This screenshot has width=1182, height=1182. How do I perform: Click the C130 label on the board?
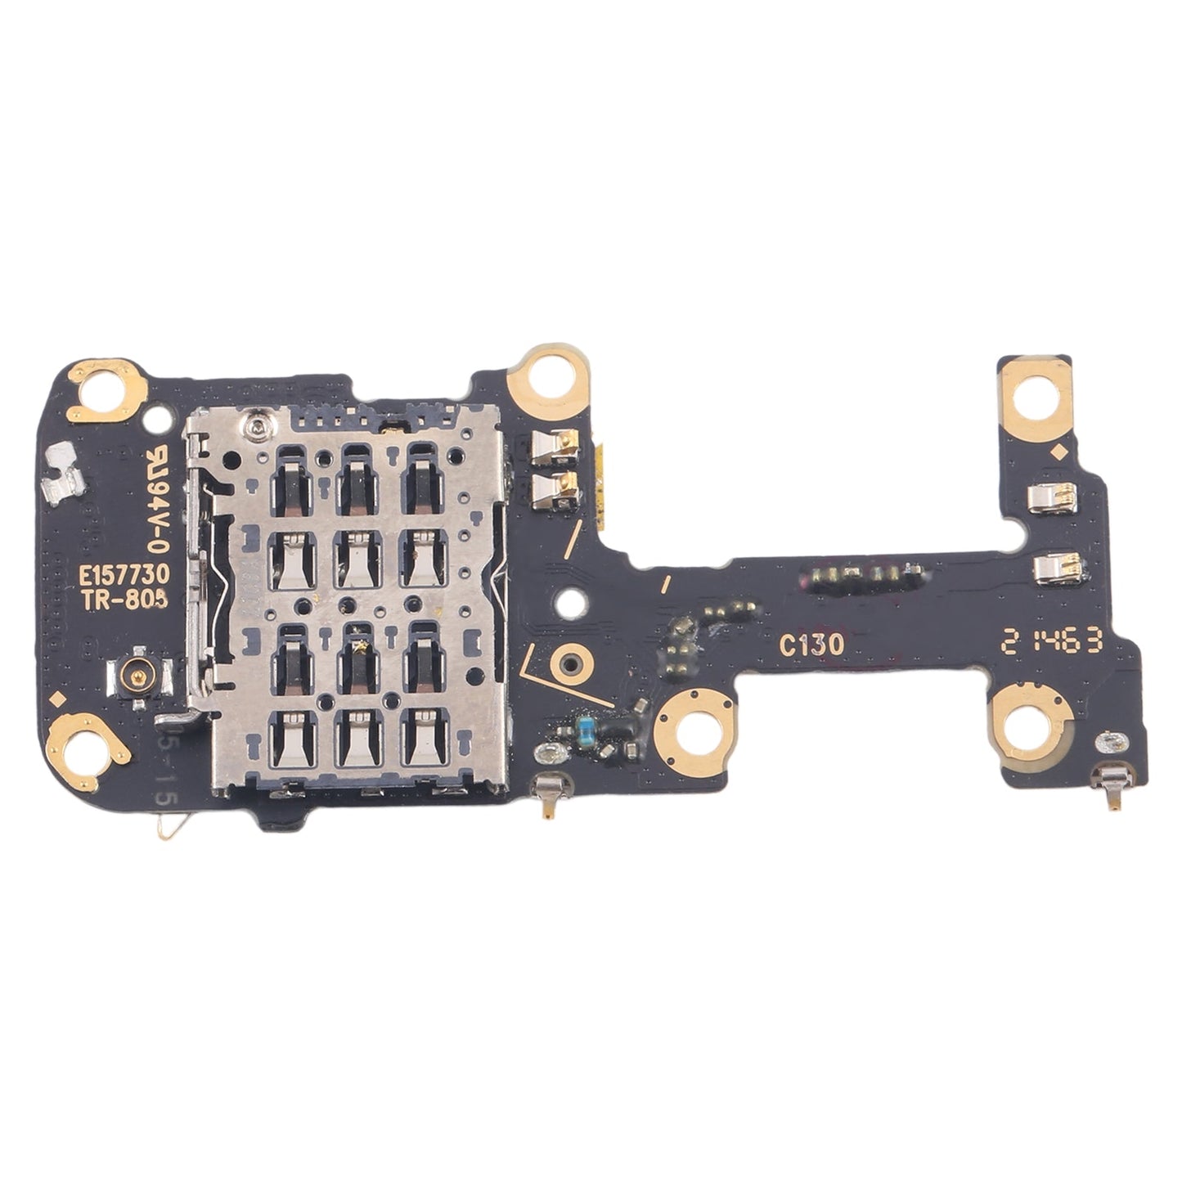(811, 645)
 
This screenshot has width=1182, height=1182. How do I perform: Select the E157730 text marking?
(124, 576)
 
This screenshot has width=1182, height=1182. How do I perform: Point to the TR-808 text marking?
(124, 600)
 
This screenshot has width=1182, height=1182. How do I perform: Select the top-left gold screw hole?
(105, 386)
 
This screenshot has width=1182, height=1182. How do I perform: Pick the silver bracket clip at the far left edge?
(63, 474)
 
